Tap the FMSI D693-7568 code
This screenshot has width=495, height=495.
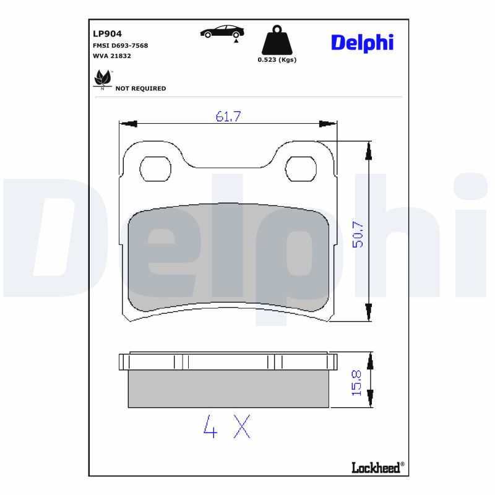120,45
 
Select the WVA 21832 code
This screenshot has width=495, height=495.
111,56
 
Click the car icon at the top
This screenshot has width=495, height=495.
222,32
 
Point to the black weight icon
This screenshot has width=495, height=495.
277,40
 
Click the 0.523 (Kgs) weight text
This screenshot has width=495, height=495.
277,60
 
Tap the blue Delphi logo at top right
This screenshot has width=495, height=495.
362,42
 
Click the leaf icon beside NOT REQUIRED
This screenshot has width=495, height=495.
102,79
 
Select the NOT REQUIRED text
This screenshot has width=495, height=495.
140,88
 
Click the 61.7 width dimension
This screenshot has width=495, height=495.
228,116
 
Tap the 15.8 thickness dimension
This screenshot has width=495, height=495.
357,382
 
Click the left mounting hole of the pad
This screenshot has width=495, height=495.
155,168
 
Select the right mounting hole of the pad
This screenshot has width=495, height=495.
301,168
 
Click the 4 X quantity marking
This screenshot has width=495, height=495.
227,426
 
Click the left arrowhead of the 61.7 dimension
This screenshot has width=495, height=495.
127,124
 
